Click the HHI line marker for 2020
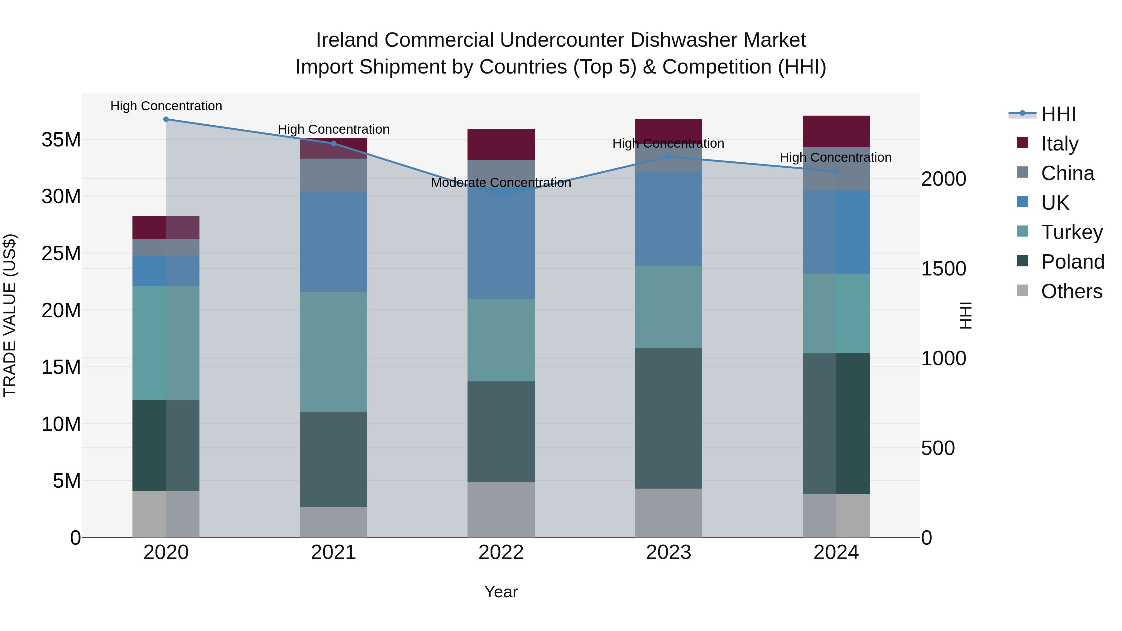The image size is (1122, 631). point(166,119)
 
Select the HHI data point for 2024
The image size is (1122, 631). point(836,172)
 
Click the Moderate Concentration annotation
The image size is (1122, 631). point(501,183)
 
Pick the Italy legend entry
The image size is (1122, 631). point(1059,144)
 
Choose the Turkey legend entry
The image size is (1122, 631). point(1072,232)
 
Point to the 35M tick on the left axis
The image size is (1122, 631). point(61,140)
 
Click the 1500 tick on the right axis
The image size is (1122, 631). point(943,269)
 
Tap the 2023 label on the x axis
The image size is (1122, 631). point(668,552)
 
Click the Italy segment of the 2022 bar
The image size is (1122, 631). point(501,145)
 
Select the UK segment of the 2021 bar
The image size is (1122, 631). point(333,242)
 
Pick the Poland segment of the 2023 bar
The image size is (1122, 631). point(668,418)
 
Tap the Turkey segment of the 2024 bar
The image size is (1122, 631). point(836,313)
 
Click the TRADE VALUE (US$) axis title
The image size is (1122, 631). point(10,315)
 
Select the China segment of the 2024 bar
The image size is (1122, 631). point(836,169)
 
